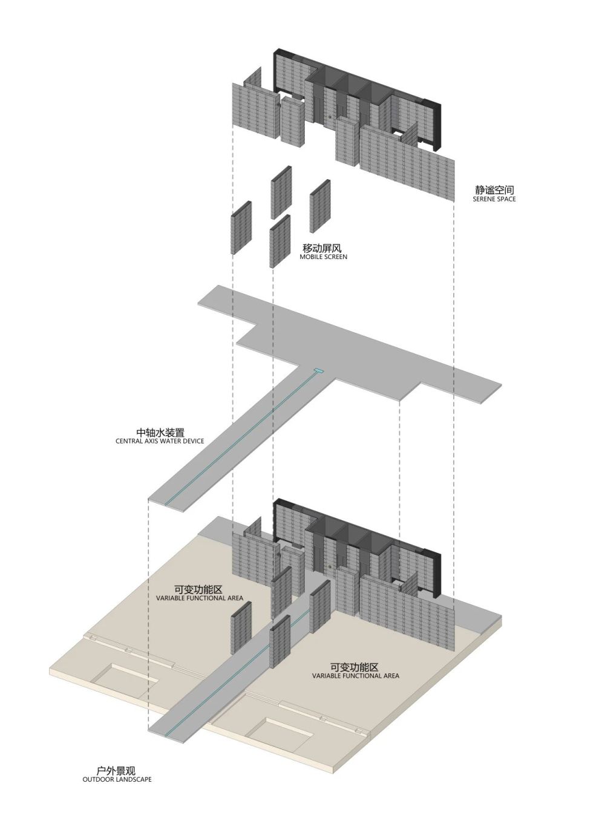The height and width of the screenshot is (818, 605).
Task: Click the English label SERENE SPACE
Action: (x=494, y=199)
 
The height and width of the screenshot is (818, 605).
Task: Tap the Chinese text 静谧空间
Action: (x=494, y=190)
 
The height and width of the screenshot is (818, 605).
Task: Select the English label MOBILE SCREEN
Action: (x=324, y=257)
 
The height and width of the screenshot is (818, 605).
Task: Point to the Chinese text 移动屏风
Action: (x=324, y=248)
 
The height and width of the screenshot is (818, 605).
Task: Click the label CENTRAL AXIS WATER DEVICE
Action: (x=160, y=441)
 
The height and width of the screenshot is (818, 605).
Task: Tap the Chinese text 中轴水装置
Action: (x=160, y=433)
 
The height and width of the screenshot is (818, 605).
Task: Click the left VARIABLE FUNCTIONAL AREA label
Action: (x=200, y=598)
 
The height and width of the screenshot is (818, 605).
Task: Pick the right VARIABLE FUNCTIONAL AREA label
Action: (x=356, y=675)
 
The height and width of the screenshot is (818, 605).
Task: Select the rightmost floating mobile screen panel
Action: (x=320, y=206)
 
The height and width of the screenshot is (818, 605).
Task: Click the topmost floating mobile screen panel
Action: (x=281, y=192)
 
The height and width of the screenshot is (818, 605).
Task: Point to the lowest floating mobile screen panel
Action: (x=280, y=240)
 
